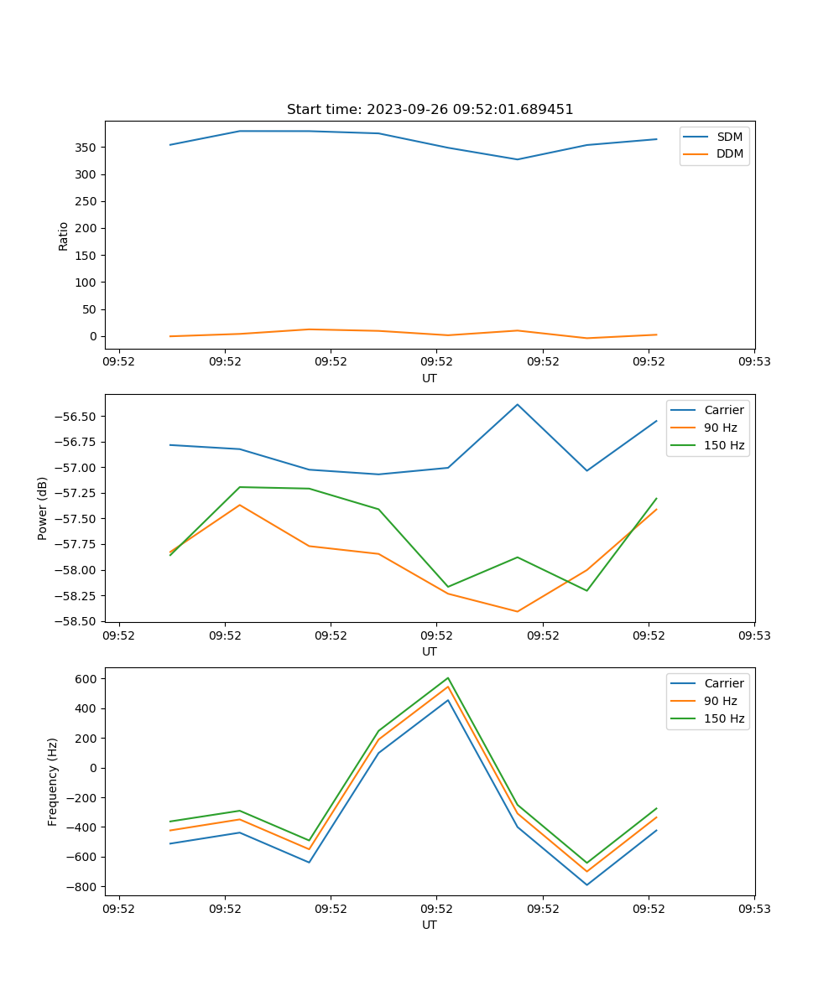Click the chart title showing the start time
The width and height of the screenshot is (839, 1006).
[430, 110]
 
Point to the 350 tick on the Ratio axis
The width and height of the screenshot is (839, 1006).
[90, 148]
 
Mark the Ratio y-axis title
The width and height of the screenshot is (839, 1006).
[64, 236]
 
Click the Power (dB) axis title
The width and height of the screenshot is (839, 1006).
[43, 508]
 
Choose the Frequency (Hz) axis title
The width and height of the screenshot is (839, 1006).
[53, 781]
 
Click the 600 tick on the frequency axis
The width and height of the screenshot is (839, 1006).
[90, 678]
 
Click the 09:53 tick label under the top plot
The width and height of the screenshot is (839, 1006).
[754, 362]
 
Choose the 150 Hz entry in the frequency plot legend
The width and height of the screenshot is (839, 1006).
[724, 718]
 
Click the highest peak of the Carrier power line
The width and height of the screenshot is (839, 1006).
[518, 404]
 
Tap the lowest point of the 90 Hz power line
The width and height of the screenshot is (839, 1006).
[518, 611]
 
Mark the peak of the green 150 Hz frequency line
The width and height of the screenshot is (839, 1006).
[448, 677]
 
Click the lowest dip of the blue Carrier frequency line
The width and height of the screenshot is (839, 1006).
[586, 884]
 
